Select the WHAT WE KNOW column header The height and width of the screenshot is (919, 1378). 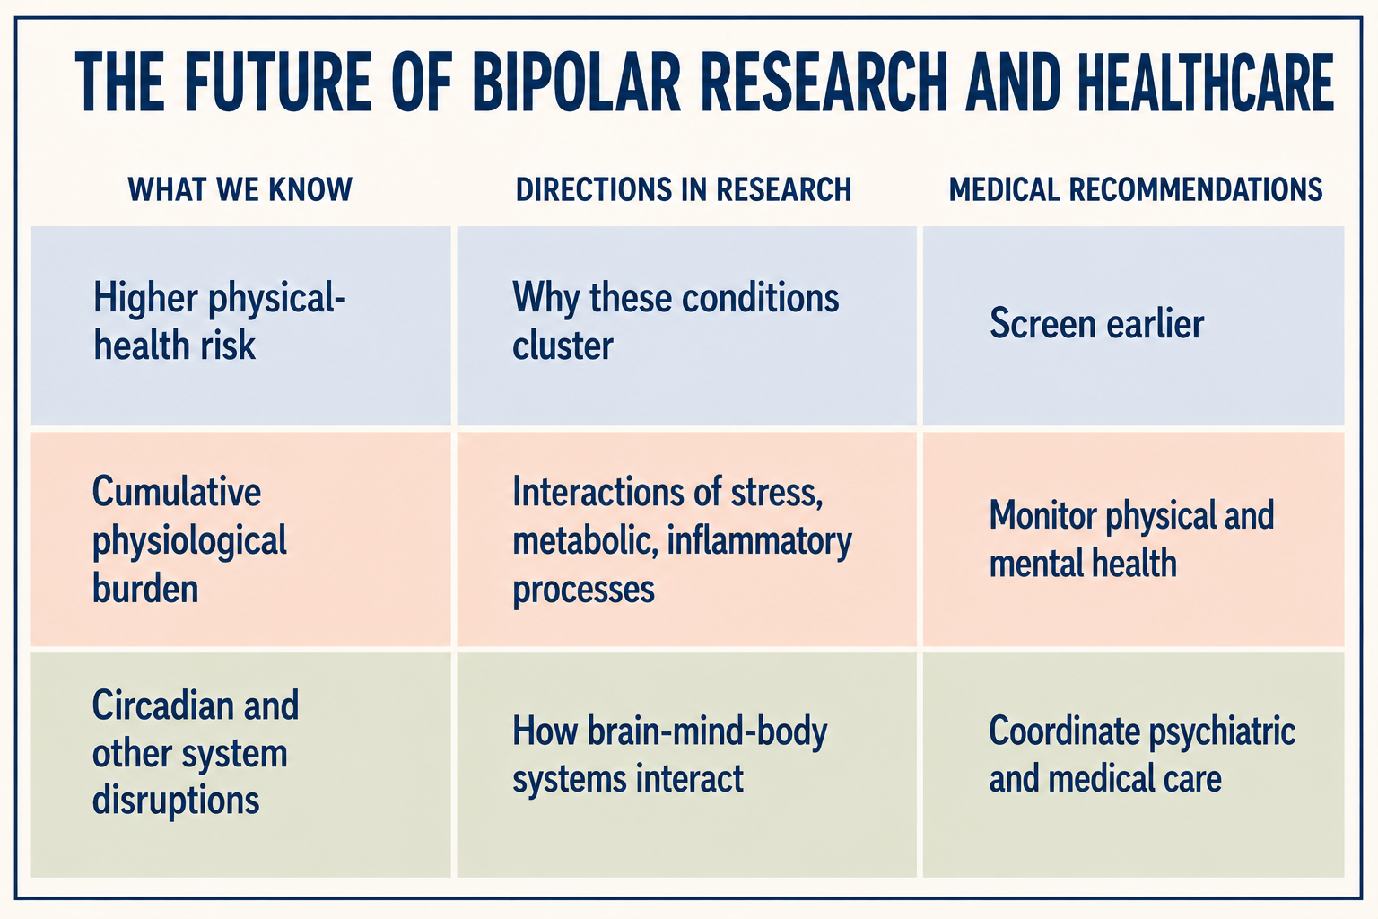click(240, 189)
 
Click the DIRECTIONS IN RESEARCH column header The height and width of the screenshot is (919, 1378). click(684, 189)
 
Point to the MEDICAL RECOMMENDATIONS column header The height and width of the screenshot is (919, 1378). click(1136, 189)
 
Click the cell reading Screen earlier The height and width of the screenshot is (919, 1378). click(1133, 326)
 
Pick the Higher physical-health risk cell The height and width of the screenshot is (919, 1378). click(240, 326)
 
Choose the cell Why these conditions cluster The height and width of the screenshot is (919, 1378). click(686, 326)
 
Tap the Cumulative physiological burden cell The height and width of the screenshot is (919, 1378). click(240, 539)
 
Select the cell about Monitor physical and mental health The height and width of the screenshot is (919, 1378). click(1133, 539)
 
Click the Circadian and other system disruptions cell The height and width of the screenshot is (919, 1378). click(240, 766)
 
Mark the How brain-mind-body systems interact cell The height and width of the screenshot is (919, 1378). click(686, 766)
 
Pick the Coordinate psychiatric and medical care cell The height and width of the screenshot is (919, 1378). click(1133, 766)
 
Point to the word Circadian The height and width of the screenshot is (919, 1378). click(163, 705)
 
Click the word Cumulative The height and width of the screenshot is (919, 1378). click(177, 492)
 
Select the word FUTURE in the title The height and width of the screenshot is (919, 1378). click(277, 83)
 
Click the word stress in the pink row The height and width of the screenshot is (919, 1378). click(776, 494)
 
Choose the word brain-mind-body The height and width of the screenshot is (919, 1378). click(707, 732)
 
